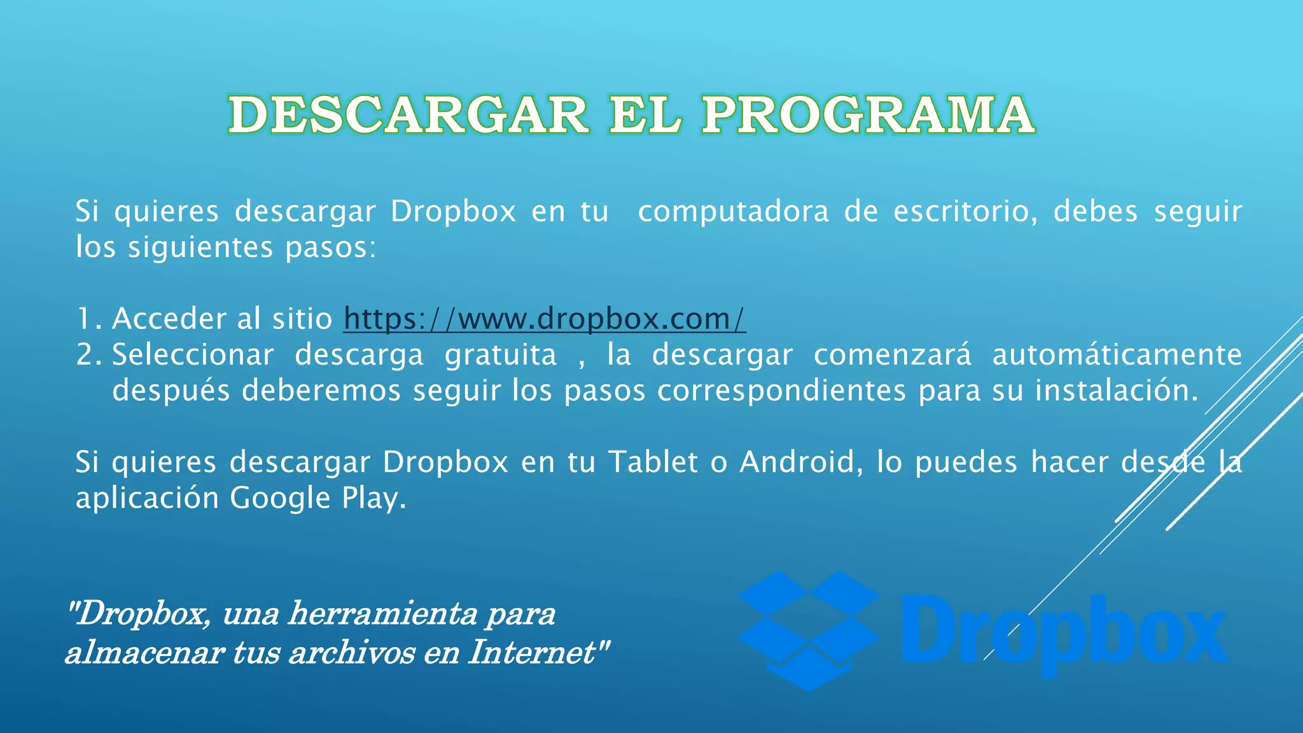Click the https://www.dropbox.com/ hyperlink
click(544, 319)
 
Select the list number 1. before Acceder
click(88, 319)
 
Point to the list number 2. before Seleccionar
click(88, 355)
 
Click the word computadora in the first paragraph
click(733, 212)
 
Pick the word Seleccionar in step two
click(193, 355)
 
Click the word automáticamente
click(1117, 355)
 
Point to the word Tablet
click(653, 462)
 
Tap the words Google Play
click(317, 498)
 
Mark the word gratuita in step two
click(500, 355)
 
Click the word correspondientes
click(781, 391)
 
